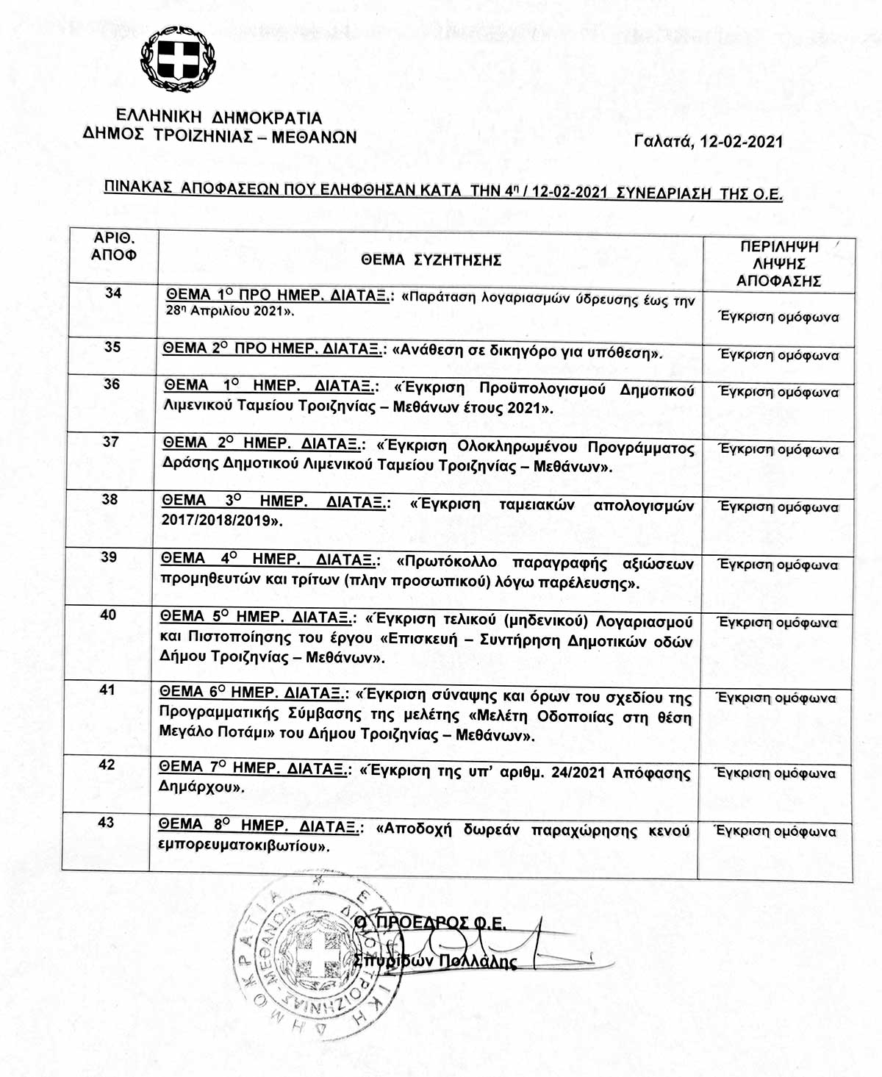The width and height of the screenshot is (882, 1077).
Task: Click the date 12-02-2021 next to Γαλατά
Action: pyautogui.click(x=742, y=142)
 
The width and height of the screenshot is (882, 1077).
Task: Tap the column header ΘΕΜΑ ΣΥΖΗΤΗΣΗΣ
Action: pyautogui.click(x=431, y=260)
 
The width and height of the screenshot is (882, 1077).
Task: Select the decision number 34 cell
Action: pyautogui.click(x=113, y=293)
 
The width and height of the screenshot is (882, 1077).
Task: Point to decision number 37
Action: pyautogui.click(x=110, y=441)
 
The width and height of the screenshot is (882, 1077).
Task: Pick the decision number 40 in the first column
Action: pyautogui.click(x=108, y=615)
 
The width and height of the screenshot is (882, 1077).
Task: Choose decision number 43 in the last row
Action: pyautogui.click(x=106, y=822)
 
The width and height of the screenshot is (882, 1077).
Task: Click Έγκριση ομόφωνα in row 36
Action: pyautogui.click(x=778, y=392)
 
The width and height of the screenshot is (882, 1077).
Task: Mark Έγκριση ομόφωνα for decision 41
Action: pyautogui.click(x=776, y=698)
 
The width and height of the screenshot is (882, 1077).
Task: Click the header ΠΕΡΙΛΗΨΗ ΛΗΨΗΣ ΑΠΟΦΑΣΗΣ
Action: pyautogui.click(x=778, y=263)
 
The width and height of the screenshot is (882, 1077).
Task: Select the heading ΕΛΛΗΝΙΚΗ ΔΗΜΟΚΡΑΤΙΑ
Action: pyautogui.click(x=219, y=118)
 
